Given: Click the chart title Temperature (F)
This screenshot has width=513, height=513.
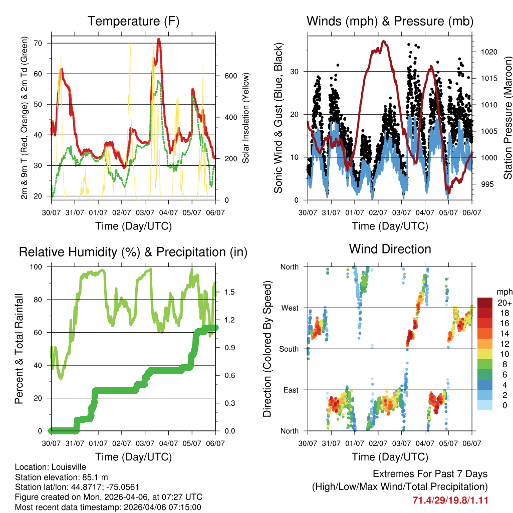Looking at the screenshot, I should [133, 22].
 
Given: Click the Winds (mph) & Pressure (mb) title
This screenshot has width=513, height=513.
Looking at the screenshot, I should [390, 22].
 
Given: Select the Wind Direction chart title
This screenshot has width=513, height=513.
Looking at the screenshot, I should [390, 248].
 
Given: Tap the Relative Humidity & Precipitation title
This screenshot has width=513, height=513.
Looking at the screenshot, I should [133, 252].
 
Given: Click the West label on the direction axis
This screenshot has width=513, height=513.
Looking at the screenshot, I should [289, 308].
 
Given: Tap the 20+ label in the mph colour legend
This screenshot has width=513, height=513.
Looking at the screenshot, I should [504, 303].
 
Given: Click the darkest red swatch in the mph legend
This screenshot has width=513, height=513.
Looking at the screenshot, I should [484, 303].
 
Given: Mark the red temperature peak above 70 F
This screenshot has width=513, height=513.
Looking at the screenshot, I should [159, 40].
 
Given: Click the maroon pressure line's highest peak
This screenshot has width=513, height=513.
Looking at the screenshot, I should [384, 41].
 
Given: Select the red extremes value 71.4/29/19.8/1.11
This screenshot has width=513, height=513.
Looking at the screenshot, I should [450, 500].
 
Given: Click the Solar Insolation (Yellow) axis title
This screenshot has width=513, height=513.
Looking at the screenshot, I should [246, 118].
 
